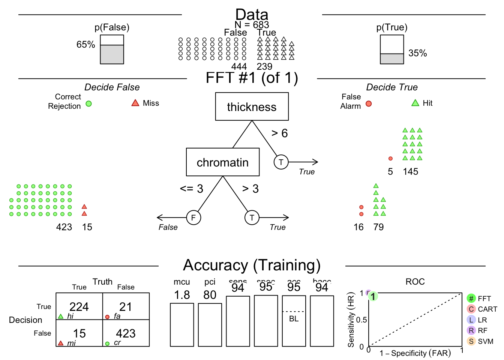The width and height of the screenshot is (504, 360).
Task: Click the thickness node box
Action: point(252,106)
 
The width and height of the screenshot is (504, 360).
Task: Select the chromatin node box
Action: point(223,162)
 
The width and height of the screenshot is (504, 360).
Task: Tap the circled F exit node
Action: point(193,217)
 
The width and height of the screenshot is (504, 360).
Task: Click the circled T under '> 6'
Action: point(281,162)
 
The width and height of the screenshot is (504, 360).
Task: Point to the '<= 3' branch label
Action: point(191,189)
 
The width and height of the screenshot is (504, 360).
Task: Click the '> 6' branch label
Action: point(279,133)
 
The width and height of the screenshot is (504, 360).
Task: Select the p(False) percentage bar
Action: point(112,49)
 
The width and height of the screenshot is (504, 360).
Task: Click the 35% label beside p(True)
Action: point(417,53)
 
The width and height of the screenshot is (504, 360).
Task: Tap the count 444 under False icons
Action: point(239,66)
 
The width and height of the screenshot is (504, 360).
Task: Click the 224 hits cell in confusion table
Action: point(79,307)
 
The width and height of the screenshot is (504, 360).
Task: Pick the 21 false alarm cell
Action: point(126,307)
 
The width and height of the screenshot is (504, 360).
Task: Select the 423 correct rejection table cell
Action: point(126,333)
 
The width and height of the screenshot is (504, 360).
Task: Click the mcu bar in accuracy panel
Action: point(182,325)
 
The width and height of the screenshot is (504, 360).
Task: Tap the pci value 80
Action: point(210,295)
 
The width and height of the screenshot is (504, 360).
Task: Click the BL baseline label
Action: point(294,319)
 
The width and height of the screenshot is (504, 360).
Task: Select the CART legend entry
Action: point(482,309)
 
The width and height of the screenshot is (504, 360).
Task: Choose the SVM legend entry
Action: point(481,341)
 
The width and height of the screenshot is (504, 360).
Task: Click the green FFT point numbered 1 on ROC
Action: point(373,296)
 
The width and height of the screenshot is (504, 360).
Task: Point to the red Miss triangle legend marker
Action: point(135,103)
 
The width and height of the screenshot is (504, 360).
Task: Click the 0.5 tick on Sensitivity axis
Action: point(361,320)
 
